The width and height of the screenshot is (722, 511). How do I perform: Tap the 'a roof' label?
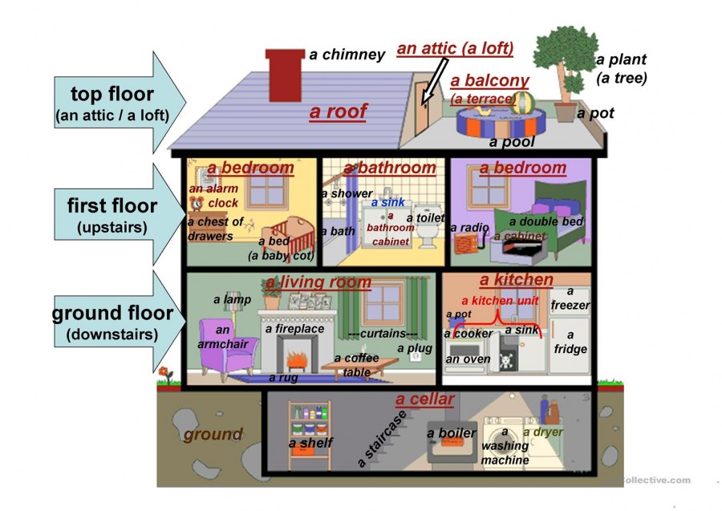(x=338, y=112)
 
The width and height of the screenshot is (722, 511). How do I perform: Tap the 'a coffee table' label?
(x=356, y=365)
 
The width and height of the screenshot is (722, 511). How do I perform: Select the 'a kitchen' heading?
(x=516, y=280)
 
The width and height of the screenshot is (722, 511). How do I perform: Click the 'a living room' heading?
(x=318, y=282)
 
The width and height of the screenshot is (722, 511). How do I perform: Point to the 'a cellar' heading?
(x=424, y=399)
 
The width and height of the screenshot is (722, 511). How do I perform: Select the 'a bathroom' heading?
(x=389, y=168)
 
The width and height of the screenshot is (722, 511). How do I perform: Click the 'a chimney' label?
(x=347, y=55)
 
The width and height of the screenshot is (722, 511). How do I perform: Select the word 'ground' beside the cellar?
(x=213, y=435)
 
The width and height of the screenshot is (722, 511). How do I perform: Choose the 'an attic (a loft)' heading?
(x=455, y=48)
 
